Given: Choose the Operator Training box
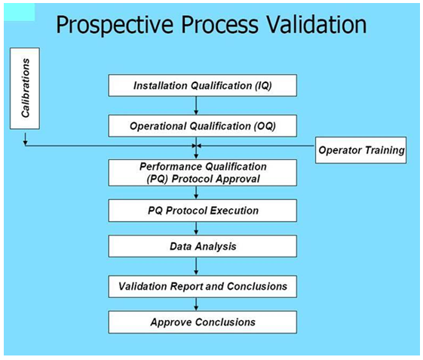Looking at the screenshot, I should coord(360,150).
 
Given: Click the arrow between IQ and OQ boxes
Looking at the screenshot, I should coord(196,106).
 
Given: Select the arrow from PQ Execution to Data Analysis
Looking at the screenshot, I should coord(196,229).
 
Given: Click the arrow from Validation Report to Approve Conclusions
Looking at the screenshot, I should coord(196,304).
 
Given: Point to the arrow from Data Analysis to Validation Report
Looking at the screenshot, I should coord(196,266).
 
